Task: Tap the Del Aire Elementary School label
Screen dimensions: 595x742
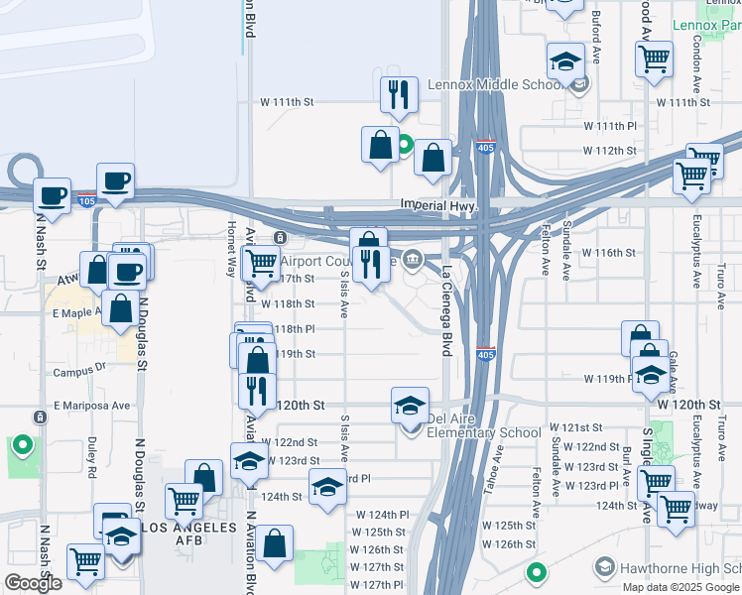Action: coord(483,432)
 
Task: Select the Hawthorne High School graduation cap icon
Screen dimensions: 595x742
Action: coord(603,567)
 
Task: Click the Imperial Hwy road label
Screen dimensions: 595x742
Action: coord(433,205)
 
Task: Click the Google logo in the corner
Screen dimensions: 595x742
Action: coord(33,583)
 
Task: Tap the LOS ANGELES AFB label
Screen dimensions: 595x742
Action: coord(188,526)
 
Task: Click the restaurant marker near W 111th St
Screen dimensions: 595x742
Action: coord(399,94)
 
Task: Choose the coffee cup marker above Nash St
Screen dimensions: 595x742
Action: coord(52,194)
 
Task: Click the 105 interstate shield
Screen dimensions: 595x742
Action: coord(88,199)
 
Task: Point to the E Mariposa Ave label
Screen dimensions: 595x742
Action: coord(92,406)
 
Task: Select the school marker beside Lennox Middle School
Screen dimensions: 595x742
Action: coord(565,61)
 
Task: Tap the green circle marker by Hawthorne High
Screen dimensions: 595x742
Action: coord(536,573)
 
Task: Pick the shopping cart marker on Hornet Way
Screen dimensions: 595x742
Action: coord(260,263)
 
